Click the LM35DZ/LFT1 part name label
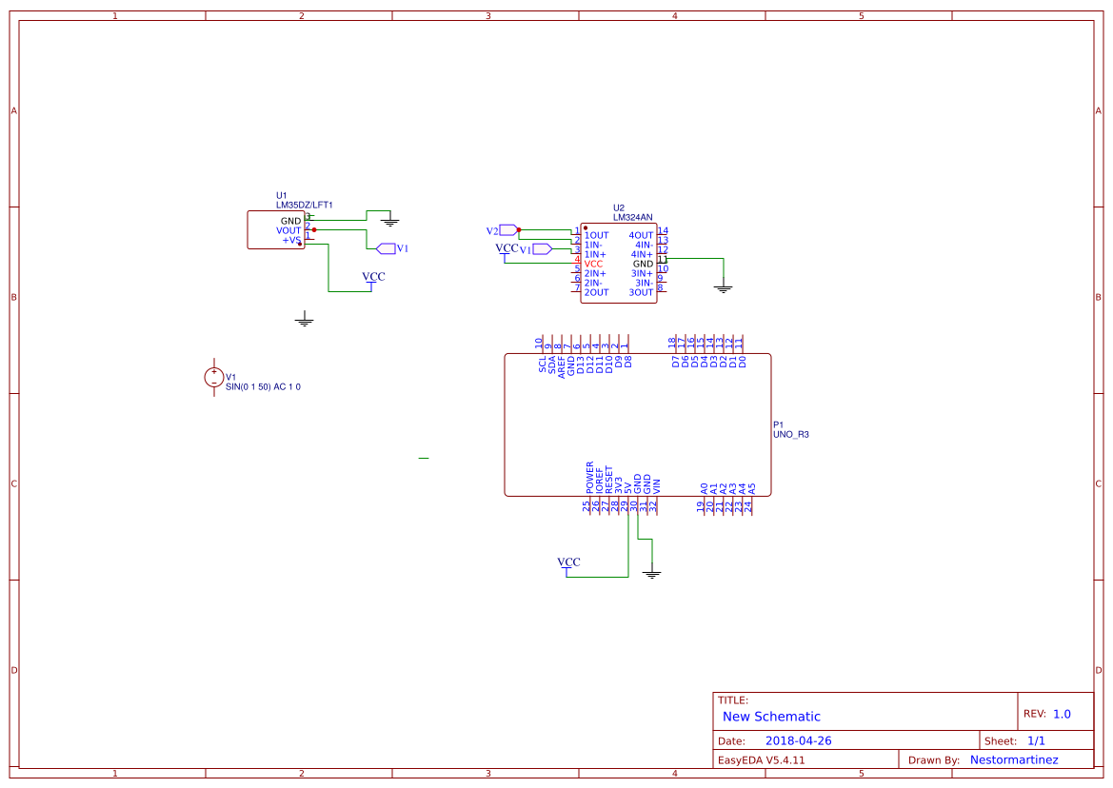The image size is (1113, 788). coord(304,205)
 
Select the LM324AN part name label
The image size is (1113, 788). coord(633,217)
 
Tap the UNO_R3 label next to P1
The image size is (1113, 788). coord(790,434)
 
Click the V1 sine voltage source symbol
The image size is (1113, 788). coord(214,378)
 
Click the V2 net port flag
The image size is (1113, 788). coord(507,230)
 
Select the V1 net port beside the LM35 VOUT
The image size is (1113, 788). coord(386,248)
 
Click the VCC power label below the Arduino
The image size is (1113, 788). coord(568,562)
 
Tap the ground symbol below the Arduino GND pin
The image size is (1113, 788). coord(651,573)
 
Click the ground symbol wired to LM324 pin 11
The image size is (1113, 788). coord(723,286)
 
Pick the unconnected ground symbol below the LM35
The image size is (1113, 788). coord(304,320)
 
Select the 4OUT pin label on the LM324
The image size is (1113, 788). coord(641,235)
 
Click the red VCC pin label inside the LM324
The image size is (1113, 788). coord(593,264)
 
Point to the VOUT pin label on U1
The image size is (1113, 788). coord(288,230)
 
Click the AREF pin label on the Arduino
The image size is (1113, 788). coord(562,366)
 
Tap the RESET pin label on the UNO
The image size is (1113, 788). coord(609,478)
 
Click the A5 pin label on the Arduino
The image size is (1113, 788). coord(752,487)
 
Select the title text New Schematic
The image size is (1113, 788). coord(771,717)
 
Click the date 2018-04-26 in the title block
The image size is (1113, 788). coord(798,740)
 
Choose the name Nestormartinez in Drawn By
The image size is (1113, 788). coord(1014,759)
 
